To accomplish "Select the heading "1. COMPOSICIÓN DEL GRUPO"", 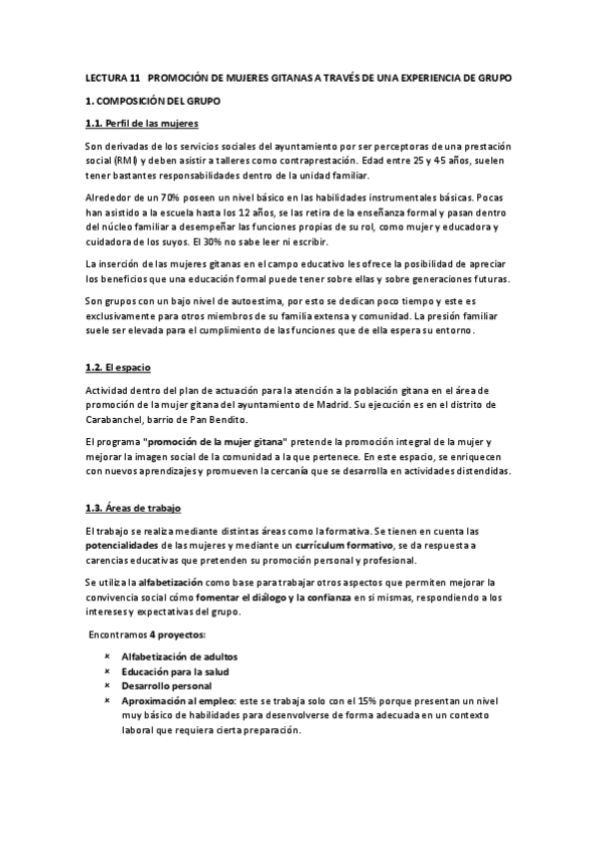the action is coord(152,101).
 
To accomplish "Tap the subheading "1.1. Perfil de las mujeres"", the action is coord(142,124).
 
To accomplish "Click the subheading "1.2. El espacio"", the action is coord(117,368).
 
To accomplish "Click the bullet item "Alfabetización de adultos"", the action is coord(180,656).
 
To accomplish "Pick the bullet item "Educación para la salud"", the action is coord(174,671).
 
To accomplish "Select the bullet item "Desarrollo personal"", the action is coord(166,686).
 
